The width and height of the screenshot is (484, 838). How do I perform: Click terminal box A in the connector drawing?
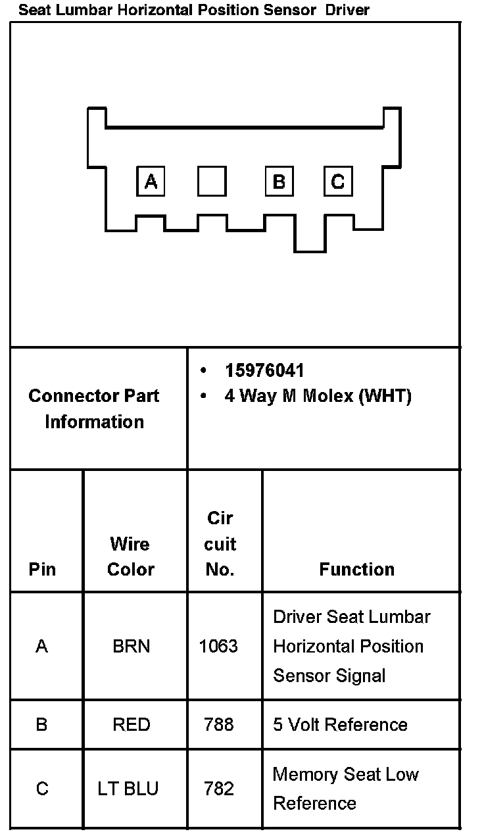151,181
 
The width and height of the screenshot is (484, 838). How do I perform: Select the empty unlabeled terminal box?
212,181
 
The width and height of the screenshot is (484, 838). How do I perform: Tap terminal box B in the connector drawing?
279,181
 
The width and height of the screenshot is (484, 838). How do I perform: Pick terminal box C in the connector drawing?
337,181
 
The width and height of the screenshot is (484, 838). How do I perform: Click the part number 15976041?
264,371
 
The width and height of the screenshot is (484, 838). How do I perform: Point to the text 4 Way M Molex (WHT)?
318,397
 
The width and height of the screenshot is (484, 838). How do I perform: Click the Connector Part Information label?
94,408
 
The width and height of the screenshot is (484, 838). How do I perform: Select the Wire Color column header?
130,556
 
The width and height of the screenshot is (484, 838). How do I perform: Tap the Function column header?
357,569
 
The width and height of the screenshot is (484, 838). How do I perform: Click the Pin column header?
42,569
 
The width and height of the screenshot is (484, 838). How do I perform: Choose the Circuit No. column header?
220,544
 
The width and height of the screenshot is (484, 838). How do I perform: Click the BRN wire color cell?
132,646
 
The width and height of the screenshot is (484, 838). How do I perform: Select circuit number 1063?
218,646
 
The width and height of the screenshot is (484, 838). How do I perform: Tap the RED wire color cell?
132,724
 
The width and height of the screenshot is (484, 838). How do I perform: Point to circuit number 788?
219,724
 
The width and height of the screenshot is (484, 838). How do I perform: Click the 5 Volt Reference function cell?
340,724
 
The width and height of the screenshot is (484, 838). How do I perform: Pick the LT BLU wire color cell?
128,788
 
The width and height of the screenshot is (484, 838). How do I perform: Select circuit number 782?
219,788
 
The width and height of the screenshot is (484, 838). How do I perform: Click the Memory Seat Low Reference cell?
345,788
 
